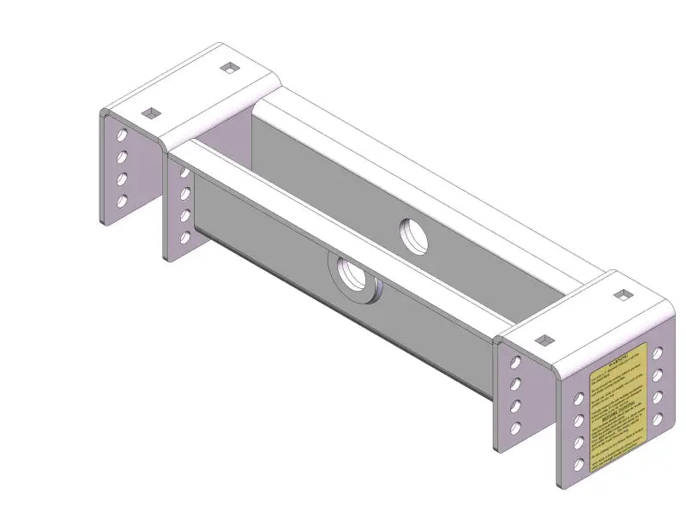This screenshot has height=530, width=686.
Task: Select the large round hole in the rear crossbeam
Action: coord(415,236)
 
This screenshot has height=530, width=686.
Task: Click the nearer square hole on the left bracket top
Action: coord(151,111)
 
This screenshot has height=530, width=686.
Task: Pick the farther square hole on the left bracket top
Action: coord(230,69)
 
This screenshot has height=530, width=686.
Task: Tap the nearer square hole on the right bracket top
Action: coord(542,340)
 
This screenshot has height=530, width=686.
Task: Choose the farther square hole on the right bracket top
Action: coord(621,296)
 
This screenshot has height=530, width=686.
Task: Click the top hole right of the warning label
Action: coord(657,352)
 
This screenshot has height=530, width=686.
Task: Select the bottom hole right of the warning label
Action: coord(657,419)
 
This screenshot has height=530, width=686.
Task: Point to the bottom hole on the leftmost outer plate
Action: coord(123,202)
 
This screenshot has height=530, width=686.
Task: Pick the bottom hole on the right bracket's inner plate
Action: coord(516,426)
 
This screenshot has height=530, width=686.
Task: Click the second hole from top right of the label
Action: coord(657,375)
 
